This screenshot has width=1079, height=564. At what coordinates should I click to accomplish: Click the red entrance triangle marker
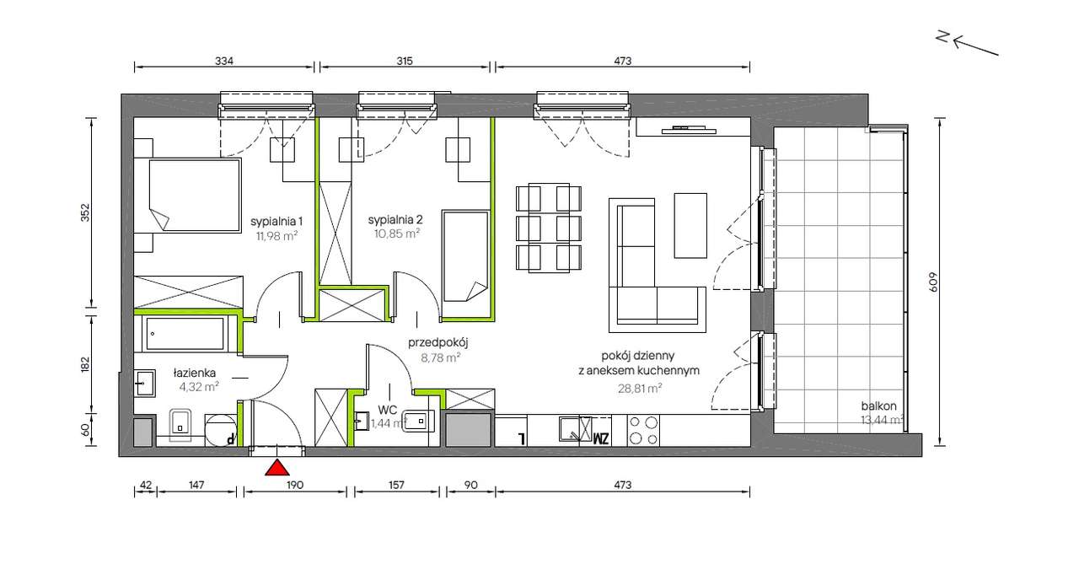[277, 468]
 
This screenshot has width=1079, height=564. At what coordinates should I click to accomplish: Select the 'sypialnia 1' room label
[276, 222]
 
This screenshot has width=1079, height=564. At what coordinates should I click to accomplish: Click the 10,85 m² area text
[397, 234]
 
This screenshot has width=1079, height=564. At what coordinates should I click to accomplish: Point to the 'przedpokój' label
[438, 343]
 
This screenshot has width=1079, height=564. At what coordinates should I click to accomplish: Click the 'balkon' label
[879, 406]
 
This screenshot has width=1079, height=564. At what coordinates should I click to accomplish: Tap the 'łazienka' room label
[195, 373]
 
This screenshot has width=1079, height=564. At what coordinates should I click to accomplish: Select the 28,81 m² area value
[640, 388]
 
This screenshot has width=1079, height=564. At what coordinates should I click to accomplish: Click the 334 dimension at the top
[224, 62]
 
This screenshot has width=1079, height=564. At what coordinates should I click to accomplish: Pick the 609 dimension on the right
[933, 282]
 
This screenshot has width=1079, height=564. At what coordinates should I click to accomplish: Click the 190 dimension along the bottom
[295, 485]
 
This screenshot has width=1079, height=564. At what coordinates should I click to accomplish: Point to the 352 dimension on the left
[85, 212]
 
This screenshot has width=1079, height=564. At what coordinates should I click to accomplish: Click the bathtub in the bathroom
[185, 334]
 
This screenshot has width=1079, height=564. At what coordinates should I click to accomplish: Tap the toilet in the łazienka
[180, 425]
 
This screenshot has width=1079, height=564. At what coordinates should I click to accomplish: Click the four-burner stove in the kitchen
[643, 430]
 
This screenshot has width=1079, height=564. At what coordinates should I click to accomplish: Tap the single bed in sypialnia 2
[465, 255]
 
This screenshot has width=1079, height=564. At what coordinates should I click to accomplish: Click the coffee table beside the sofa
[690, 225]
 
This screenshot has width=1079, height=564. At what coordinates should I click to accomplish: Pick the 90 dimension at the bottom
[470, 485]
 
